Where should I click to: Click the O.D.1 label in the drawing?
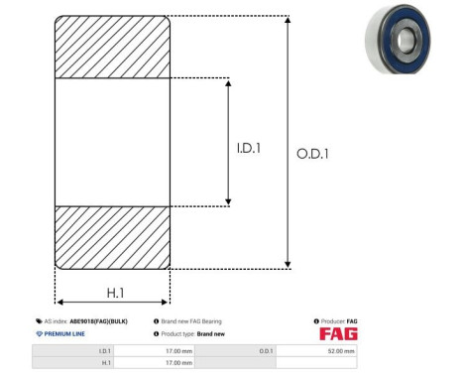pyautogui.click(x=312, y=154)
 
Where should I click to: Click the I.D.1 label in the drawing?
pyautogui.click(x=248, y=149)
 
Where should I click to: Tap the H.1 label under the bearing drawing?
pyautogui.click(x=114, y=292)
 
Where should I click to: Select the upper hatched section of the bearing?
pyautogui.click(x=112, y=47)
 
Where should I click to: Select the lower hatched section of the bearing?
pyautogui.click(x=112, y=237)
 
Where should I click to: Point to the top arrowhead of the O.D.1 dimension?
pyautogui.click(x=288, y=21)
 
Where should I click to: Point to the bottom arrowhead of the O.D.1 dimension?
pyautogui.click(x=288, y=263)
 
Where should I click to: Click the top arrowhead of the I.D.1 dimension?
pyautogui.click(x=229, y=82)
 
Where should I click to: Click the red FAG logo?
pyautogui.click(x=338, y=333)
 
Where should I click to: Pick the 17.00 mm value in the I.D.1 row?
pyautogui.click(x=177, y=350)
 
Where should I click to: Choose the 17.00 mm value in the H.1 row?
pyautogui.click(x=177, y=363)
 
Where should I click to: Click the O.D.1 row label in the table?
pyautogui.click(x=266, y=350)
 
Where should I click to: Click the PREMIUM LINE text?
pyautogui.click(x=64, y=333)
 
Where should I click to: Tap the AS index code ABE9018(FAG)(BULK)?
pyautogui.click(x=98, y=321)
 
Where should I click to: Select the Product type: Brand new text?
pyautogui.click(x=194, y=333)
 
